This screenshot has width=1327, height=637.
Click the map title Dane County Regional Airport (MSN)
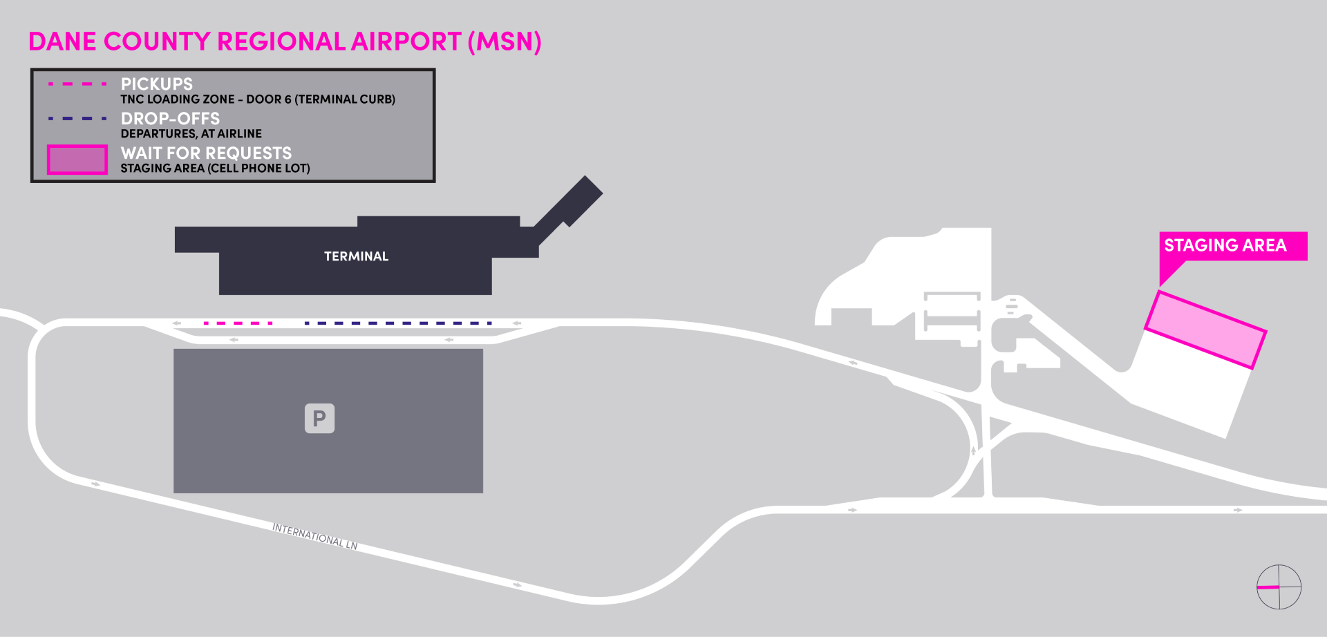(x=284, y=41)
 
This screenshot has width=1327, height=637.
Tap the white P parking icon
(x=319, y=419)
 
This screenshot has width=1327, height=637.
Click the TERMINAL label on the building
(x=356, y=256)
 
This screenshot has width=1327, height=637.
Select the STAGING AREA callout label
(x=1225, y=245)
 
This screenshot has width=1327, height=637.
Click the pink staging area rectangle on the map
(x=1205, y=330)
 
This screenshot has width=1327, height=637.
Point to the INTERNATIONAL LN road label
(x=314, y=536)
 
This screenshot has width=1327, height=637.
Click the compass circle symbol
(x=1279, y=587)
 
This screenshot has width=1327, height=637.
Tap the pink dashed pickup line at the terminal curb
(x=238, y=323)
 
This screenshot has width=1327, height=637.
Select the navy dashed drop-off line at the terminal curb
(x=397, y=323)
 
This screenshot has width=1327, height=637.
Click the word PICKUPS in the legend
(x=157, y=84)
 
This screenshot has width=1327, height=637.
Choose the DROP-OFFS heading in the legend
(x=170, y=118)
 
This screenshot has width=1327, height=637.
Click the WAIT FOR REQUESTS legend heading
(x=206, y=153)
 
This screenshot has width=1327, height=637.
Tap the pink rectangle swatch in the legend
(x=77, y=160)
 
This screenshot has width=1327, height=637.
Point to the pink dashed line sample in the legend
(x=77, y=84)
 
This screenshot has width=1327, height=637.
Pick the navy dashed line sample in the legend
(x=77, y=118)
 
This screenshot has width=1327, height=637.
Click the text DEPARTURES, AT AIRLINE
(x=191, y=134)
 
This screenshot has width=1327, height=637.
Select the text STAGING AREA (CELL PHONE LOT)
(x=215, y=169)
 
